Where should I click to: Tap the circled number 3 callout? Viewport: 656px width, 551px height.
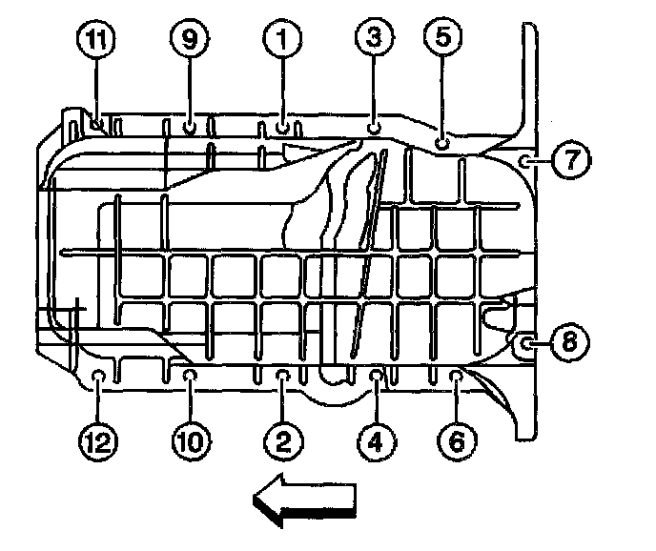pyautogui.click(x=374, y=39)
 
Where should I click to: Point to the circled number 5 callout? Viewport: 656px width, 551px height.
pyautogui.click(x=444, y=39)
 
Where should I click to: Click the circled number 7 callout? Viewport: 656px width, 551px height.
pyautogui.click(x=569, y=159)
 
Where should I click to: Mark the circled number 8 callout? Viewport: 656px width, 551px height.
pyautogui.click(x=568, y=343)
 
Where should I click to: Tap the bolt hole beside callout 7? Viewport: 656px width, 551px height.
pyautogui.click(x=526, y=160)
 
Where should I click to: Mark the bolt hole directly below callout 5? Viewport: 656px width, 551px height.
pyautogui.click(x=441, y=142)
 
